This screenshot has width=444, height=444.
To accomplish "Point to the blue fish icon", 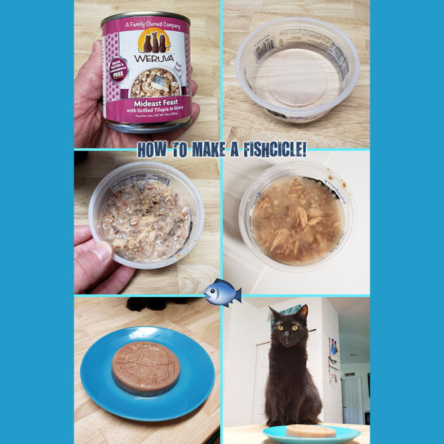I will point(222,292).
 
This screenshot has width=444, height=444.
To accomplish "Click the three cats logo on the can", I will point(154,41).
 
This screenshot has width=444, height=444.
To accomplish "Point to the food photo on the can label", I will point(155,82).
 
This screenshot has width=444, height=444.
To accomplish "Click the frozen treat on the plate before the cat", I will point(311,431).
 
